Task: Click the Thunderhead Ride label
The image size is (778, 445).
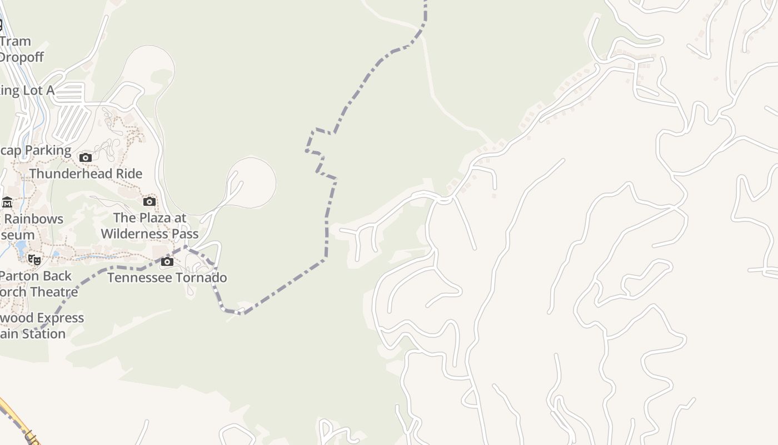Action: click(x=86, y=174)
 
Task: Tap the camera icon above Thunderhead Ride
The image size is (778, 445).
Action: click(x=86, y=158)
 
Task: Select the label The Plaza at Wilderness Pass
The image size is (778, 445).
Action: click(x=149, y=225)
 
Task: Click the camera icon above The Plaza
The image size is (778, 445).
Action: click(x=149, y=202)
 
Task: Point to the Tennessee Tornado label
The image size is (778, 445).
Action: click(x=167, y=278)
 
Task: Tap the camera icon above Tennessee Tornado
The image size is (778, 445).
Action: click(x=167, y=262)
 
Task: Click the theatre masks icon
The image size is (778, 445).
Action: click(x=34, y=259)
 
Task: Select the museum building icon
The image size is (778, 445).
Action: click(x=7, y=202)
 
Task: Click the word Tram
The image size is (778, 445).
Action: click(x=16, y=42)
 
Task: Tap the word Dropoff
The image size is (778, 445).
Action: click(x=21, y=57)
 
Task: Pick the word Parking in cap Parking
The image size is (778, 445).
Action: click(x=48, y=150)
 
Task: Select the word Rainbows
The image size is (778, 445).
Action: click(x=33, y=219)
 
